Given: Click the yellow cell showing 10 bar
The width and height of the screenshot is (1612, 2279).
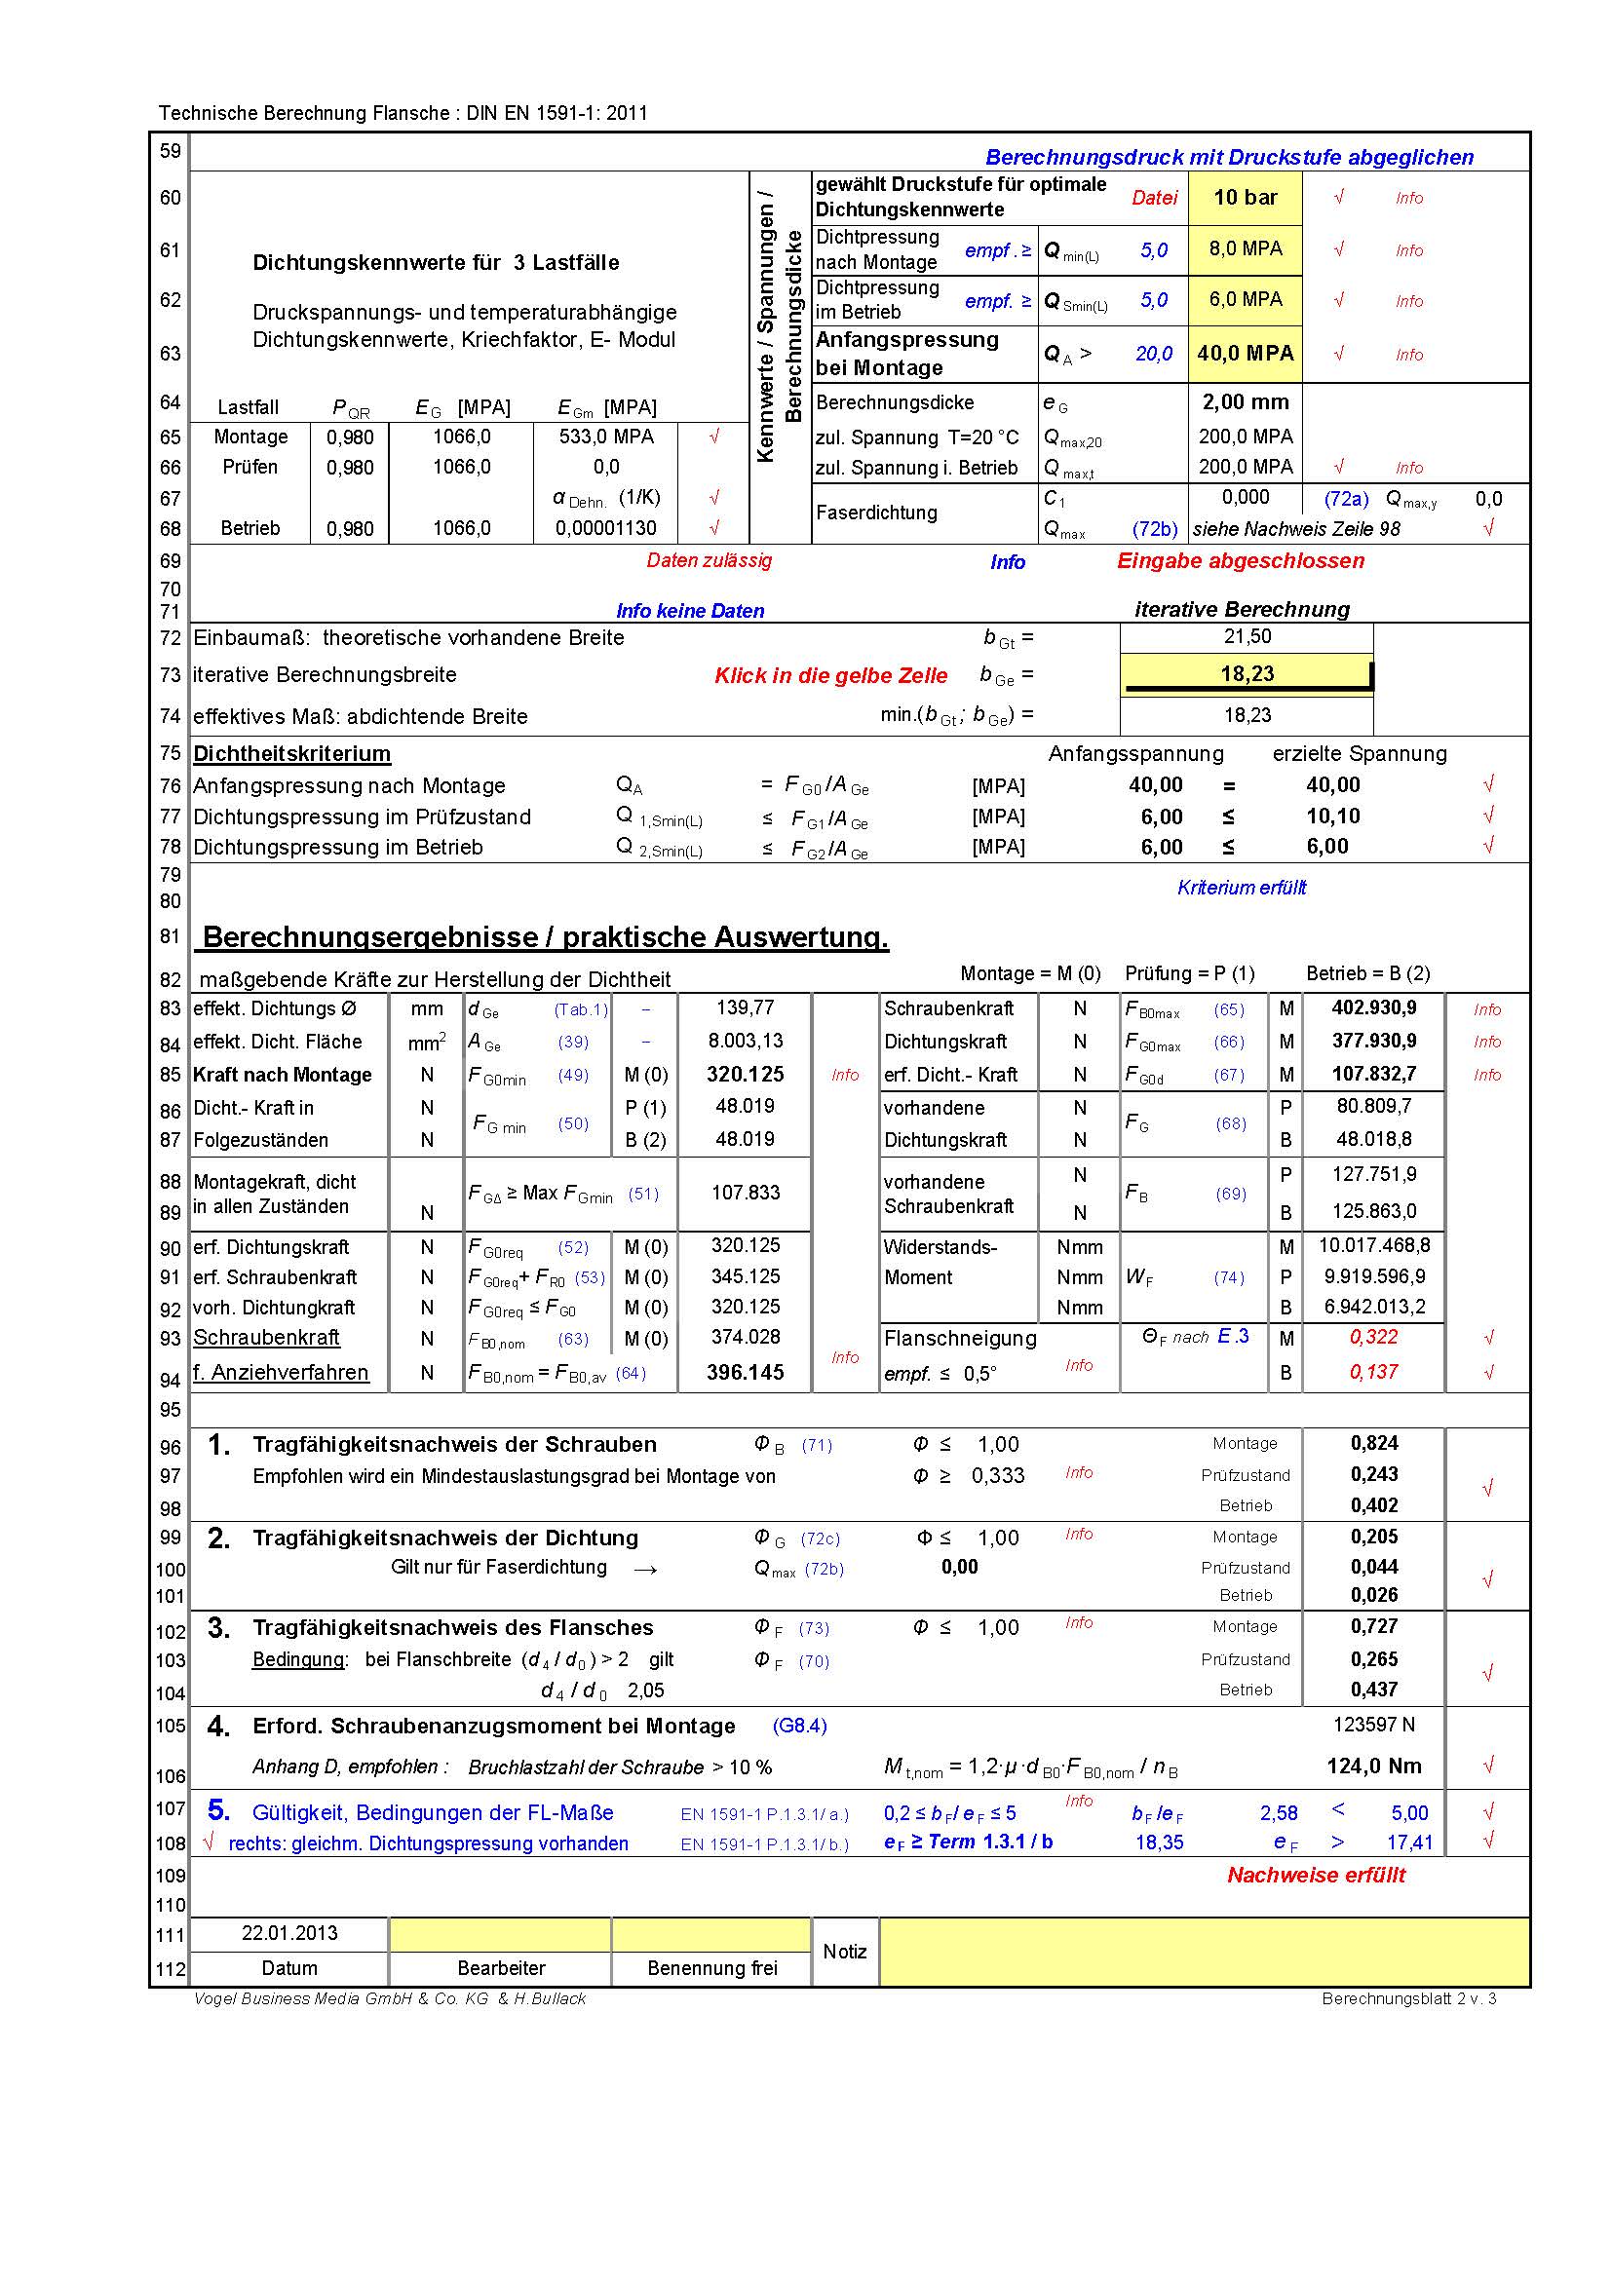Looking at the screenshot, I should click(x=1245, y=198).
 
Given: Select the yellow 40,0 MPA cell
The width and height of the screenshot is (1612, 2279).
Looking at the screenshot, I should click(x=1245, y=354).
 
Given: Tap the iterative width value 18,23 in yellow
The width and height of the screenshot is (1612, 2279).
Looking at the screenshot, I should click(x=1247, y=674).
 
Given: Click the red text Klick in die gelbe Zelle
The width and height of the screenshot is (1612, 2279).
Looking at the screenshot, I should click(x=830, y=676).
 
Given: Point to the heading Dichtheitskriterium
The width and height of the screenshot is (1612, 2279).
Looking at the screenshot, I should click(x=291, y=753).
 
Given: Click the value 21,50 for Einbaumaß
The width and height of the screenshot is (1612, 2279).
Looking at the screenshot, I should click(x=1247, y=636).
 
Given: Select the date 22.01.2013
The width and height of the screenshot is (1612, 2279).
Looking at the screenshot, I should click(x=288, y=1932).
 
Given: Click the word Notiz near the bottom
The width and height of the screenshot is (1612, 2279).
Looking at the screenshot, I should click(x=845, y=1951).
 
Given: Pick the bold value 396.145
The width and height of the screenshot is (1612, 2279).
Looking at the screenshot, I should click(x=745, y=1372).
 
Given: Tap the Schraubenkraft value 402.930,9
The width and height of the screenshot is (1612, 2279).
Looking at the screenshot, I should click(x=1374, y=1007).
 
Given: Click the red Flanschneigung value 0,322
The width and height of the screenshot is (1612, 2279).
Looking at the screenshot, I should click(x=1374, y=1337).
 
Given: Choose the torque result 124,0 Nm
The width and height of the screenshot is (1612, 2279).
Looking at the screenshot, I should click(x=1374, y=1766).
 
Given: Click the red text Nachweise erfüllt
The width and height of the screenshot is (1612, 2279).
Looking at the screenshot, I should click(x=1316, y=1874).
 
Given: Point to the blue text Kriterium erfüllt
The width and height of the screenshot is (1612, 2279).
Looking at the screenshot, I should click(x=1241, y=888).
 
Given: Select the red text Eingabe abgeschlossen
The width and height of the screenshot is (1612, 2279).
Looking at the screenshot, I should click(x=1240, y=561).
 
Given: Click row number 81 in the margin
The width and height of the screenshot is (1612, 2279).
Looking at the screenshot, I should click(x=170, y=936).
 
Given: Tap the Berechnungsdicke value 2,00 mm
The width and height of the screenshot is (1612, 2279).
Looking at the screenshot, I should click(x=1245, y=402).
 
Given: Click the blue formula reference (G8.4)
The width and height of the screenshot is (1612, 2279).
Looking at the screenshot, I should click(x=799, y=1726).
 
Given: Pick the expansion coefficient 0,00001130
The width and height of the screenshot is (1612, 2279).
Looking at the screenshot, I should click(x=605, y=528).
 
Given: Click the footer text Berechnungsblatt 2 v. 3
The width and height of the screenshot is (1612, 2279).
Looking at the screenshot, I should click(x=1407, y=1998).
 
